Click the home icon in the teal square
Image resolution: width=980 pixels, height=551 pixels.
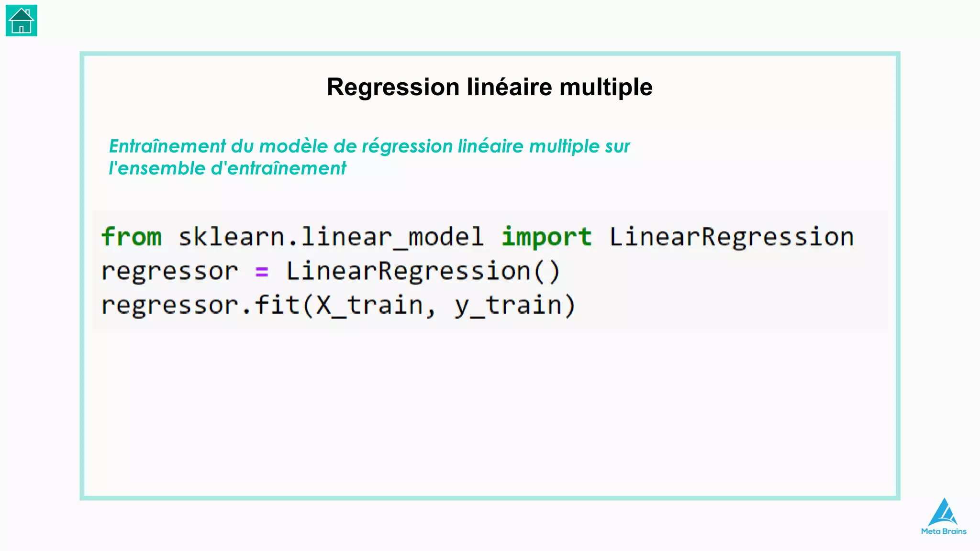21,21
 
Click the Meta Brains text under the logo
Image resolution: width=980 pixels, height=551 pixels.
944,531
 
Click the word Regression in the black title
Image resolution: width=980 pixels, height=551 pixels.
393,88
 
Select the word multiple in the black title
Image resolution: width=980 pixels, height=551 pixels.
606,88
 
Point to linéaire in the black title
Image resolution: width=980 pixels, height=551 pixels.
510,88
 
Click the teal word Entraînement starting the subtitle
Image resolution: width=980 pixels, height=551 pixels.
167,146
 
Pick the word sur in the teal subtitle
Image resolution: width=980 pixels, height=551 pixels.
617,146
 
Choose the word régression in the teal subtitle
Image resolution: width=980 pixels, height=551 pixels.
407,147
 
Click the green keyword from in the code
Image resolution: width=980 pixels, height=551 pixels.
132,237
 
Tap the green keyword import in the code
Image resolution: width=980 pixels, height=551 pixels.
546,237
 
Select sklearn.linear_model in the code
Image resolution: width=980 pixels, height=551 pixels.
331,237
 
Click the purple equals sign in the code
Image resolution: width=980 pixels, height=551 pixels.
262,272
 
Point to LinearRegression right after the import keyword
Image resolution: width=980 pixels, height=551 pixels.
732,237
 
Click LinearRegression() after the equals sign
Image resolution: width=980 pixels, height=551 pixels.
423,272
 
